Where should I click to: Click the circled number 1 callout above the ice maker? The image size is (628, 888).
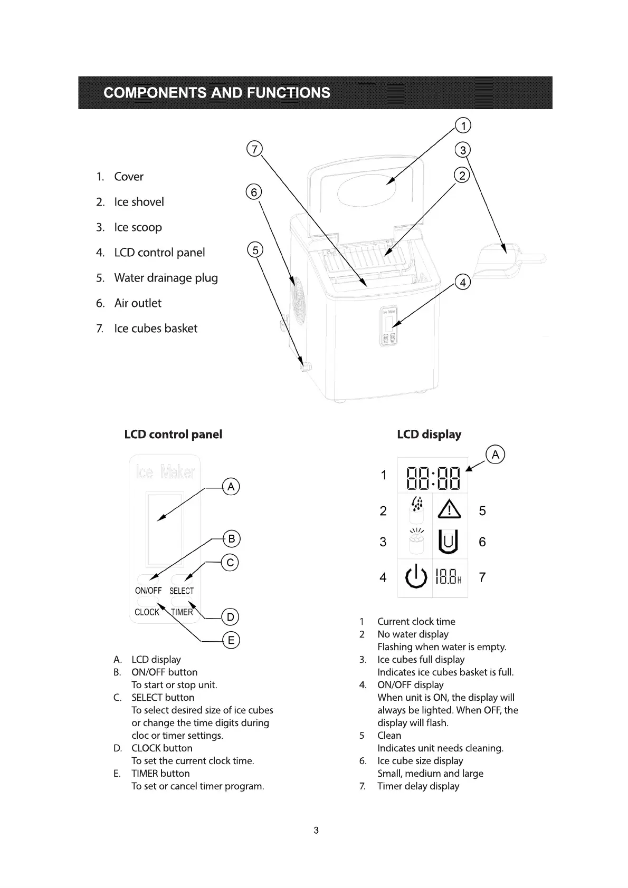463,126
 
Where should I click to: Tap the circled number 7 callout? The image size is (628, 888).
254,149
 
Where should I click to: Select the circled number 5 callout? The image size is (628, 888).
255,250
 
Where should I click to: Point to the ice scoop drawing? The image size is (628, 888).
509,259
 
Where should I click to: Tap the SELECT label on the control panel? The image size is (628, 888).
182,591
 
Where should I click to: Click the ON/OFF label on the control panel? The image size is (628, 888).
148,591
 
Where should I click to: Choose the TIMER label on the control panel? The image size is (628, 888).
182,612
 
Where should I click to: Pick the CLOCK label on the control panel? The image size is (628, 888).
147,612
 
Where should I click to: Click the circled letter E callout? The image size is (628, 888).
231,641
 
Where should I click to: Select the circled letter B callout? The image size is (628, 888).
231,539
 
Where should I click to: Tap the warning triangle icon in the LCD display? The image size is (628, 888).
450,509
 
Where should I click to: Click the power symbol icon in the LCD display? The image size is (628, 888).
415,577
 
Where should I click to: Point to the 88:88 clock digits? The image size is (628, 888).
433,478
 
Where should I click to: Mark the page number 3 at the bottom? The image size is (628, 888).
316,831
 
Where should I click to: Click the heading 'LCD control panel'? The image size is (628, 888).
173,435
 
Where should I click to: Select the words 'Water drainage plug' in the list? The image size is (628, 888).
166,278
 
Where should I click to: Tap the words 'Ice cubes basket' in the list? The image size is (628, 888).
156,329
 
